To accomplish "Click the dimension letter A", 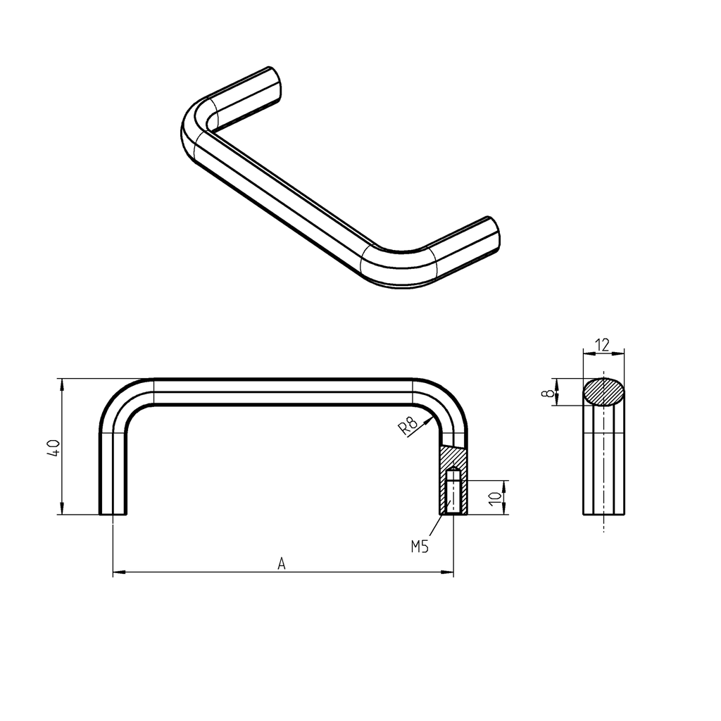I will tap(282, 563).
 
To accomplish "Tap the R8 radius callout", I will tap(408, 427).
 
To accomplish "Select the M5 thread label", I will tap(420, 546).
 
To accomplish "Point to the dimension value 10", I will tap(496, 497).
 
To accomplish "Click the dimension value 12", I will tap(603, 345).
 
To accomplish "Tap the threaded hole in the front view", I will tap(453, 493).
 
